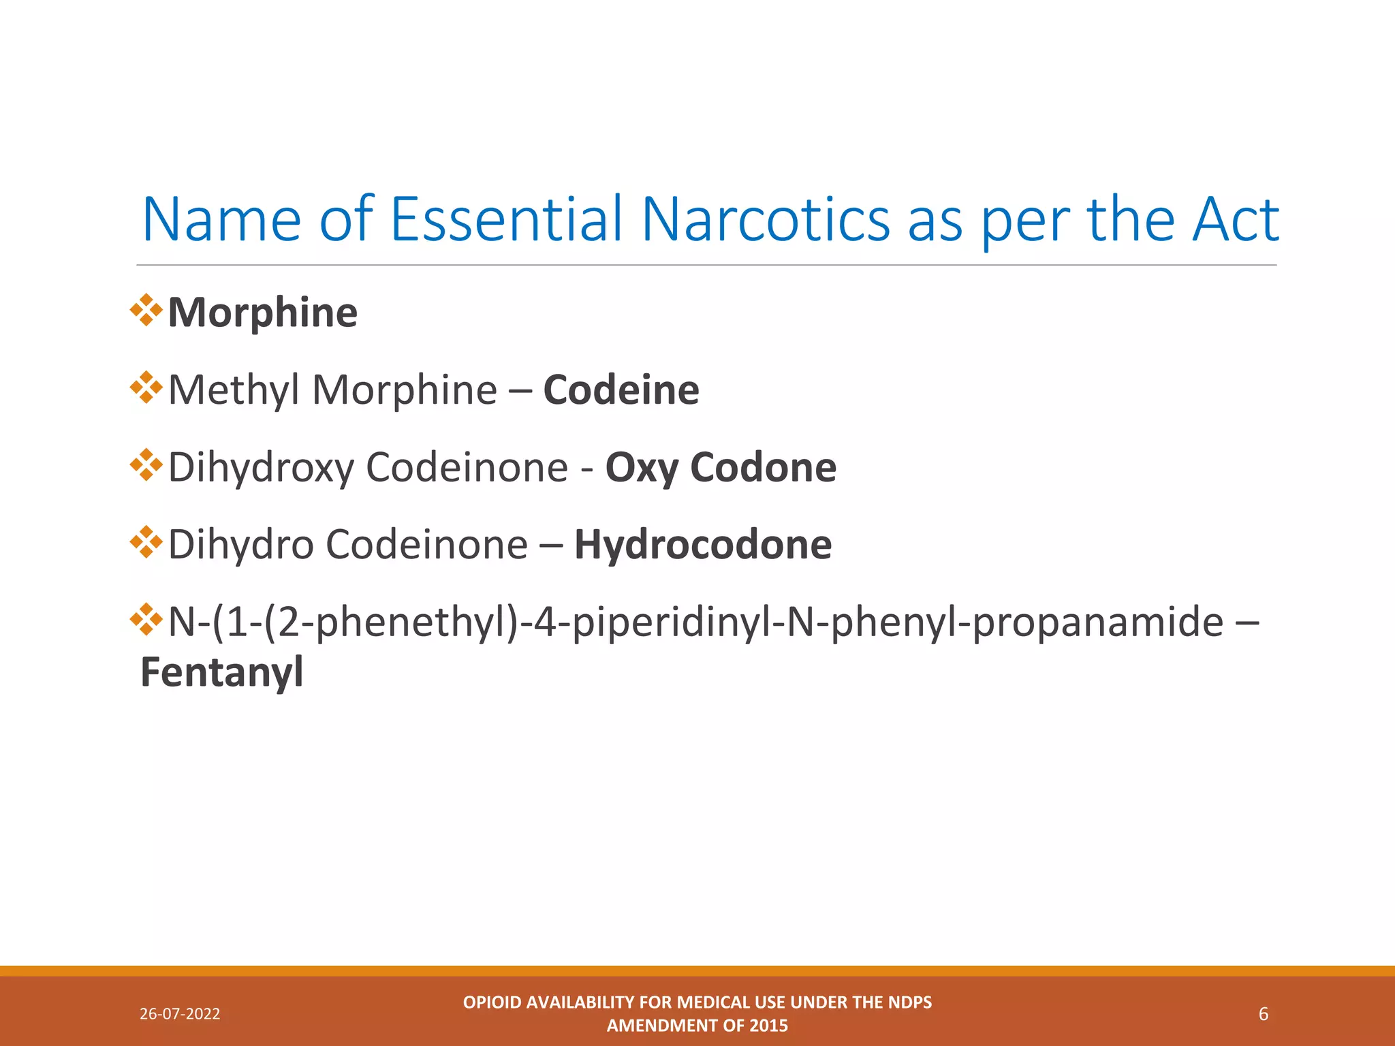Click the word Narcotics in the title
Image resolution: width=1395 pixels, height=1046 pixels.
pos(765,219)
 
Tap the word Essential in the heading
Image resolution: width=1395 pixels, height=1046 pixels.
pos(506,219)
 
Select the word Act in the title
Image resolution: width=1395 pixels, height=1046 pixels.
pos(1234,219)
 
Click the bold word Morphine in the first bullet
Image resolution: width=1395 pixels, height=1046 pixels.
pos(262,313)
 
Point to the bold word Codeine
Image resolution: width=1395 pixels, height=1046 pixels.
pos(621,390)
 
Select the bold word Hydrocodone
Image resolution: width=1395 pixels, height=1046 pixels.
pos(702,545)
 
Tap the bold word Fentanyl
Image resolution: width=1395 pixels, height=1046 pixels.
pos(221,672)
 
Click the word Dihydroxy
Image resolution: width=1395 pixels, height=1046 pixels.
pos(261,468)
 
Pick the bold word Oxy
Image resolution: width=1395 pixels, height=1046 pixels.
pos(642,468)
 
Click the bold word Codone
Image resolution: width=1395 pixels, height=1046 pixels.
pos(763,468)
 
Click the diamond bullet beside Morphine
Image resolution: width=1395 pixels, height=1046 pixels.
pos(146,311)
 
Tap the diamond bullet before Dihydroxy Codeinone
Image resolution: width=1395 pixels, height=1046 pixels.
pos(146,466)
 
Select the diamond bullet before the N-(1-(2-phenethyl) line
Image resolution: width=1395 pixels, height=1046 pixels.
pos(146,620)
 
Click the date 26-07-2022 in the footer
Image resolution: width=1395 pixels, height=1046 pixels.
pos(180,1014)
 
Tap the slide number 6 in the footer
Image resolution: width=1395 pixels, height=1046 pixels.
pos(1263,1014)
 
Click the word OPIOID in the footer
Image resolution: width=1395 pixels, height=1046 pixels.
pos(492,1002)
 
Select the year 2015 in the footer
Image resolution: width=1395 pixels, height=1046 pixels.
pos(769,1026)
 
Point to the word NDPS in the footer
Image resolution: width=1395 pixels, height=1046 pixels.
pos(910,1002)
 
